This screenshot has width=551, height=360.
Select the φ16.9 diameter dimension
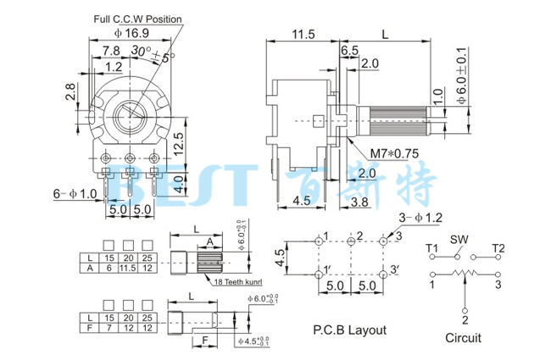tap(133, 33)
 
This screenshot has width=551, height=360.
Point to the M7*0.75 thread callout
tap(396, 153)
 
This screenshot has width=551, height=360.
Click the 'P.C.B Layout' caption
tap(349, 330)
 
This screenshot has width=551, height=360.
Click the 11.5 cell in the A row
tap(129, 267)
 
